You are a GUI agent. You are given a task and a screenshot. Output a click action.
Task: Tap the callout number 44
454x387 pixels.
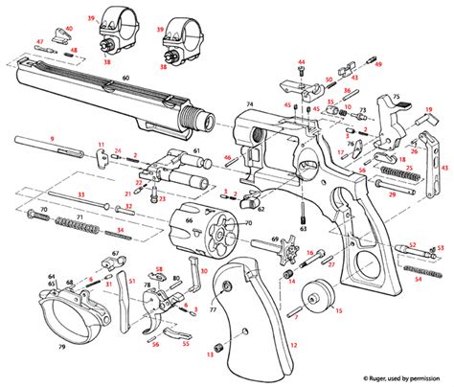tap(301, 62)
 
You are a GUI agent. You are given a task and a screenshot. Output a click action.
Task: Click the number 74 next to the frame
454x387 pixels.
tap(249, 102)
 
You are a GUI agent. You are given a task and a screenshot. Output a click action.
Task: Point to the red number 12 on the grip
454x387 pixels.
tap(293, 344)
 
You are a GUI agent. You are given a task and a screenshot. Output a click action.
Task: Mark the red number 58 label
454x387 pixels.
tap(159, 271)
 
